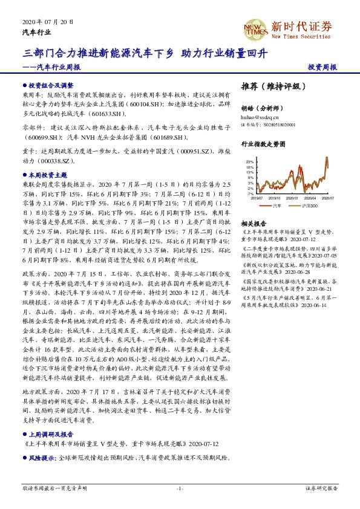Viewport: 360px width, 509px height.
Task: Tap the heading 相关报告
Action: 252,222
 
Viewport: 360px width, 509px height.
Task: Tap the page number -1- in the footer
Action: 180,488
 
